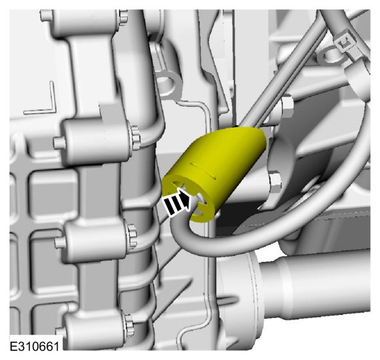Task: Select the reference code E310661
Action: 35,346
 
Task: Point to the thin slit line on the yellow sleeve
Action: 203,171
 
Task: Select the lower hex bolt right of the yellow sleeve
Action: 275,182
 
